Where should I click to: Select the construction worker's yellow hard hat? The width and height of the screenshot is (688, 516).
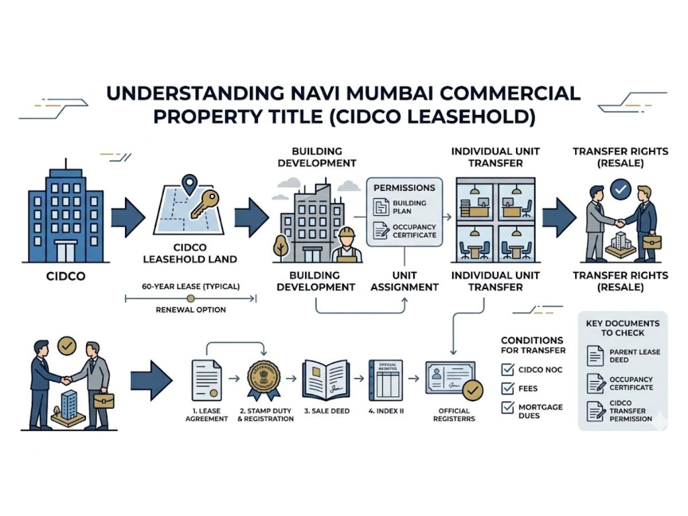pyautogui.click(x=347, y=232)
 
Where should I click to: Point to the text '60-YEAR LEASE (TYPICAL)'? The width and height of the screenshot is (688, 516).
pyautogui.click(x=190, y=286)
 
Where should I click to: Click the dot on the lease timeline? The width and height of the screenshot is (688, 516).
pyautogui.click(x=191, y=298)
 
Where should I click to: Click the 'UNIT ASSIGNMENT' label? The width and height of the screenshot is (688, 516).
pyautogui.click(x=405, y=281)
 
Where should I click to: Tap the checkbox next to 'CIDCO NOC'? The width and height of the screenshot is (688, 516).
pyautogui.click(x=507, y=370)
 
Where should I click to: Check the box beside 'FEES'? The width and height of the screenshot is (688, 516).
pyautogui.click(x=507, y=389)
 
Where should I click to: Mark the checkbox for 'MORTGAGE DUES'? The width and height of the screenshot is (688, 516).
pyautogui.click(x=507, y=408)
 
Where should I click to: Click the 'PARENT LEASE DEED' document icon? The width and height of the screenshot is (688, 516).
pyautogui.click(x=595, y=355)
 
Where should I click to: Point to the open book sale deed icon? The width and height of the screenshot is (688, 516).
pyautogui.click(x=326, y=379)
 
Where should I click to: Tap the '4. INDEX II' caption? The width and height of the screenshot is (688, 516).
pyautogui.click(x=386, y=411)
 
